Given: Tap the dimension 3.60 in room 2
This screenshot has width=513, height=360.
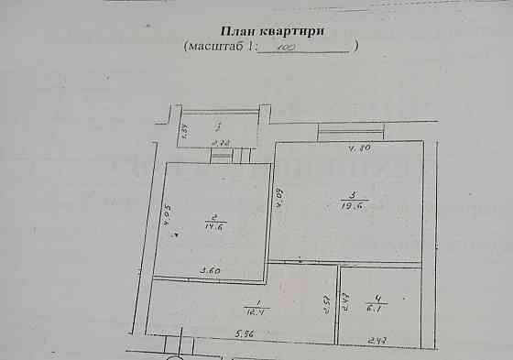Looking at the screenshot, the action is pyautogui.click(x=211, y=270).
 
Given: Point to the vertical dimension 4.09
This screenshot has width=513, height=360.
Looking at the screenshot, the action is pyautogui.click(x=279, y=197).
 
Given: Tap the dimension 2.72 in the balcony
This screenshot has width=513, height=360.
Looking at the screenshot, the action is pyautogui.click(x=220, y=143).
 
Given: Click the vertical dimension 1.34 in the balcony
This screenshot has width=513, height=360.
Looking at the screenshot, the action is pyautogui.click(x=183, y=129).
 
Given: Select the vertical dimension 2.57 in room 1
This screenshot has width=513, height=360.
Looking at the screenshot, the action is pyautogui.click(x=327, y=304).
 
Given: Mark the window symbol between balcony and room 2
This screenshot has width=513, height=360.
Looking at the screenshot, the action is pyautogui.click(x=222, y=156).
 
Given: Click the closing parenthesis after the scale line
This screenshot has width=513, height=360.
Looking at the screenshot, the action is pyautogui.click(x=356, y=45).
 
